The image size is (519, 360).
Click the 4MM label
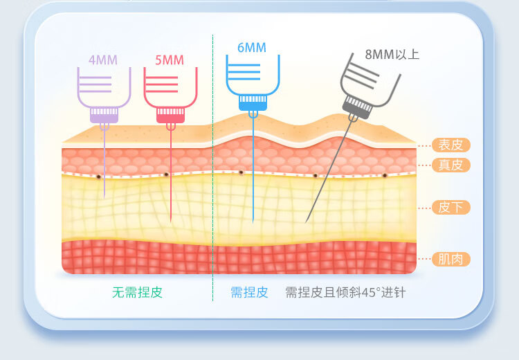(x=103, y=60)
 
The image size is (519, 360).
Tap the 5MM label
(x=170, y=60)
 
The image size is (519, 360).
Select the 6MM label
(x=251, y=48)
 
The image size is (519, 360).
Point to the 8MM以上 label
(x=392, y=54)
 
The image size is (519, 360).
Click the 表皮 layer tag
(x=450, y=145)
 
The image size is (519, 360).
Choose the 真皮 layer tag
(x=450, y=165)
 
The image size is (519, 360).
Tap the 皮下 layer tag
(x=450, y=207)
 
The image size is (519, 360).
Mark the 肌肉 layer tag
(x=450, y=260)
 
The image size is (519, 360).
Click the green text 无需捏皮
(x=137, y=292)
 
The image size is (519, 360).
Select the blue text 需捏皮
(x=249, y=292)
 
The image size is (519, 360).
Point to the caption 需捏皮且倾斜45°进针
(x=345, y=292)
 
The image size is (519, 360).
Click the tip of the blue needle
(x=253, y=222)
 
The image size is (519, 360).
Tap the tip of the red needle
(x=171, y=222)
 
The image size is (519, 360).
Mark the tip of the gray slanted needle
(x=306, y=222)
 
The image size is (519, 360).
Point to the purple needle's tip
(x=104, y=198)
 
